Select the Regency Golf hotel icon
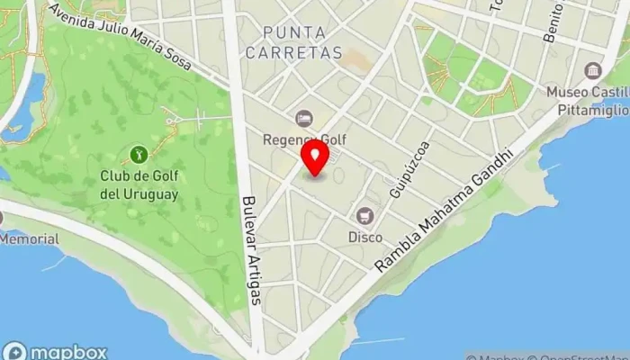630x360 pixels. (x=304, y=119)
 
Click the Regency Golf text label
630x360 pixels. (x=304, y=139)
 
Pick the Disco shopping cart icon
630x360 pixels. (x=365, y=216)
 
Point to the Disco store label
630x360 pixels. (x=365, y=237)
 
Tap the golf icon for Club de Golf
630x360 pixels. (x=139, y=155)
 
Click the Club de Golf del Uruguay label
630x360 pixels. (x=139, y=184)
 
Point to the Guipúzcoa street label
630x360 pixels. (x=409, y=169)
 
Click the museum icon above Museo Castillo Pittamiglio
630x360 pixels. (x=592, y=70)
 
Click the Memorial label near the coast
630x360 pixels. (x=29, y=239)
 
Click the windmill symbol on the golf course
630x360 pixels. (x=175, y=114)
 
